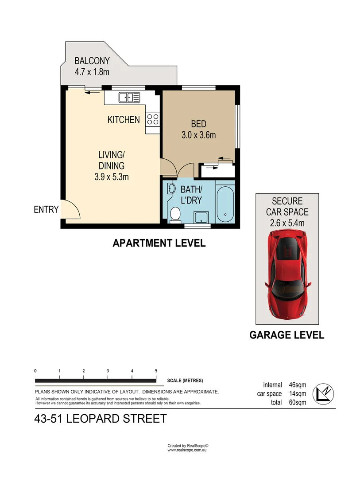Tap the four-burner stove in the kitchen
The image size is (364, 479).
pyautogui.click(x=153, y=119)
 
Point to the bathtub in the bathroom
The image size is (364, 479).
pyautogui.click(x=226, y=204)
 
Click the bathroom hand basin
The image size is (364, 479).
pyautogui.click(x=170, y=189)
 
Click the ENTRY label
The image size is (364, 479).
pyautogui.click(x=46, y=210)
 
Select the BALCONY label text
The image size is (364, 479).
pyautogui.click(x=92, y=61)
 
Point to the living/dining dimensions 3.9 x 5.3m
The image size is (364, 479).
pyautogui.click(x=112, y=177)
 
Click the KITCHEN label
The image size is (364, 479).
pyautogui.click(x=124, y=119)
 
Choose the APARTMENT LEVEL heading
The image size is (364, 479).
pyautogui.click(x=159, y=243)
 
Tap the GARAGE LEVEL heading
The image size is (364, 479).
pyautogui.click(x=287, y=335)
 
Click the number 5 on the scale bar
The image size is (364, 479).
pyautogui.click(x=156, y=370)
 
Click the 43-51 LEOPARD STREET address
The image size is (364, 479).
pyautogui.click(x=100, y=418)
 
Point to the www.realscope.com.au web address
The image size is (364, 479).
pyautogui.click(x=187, y=450)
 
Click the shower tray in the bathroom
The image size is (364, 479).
pyautogui.click(x=202, y=217)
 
